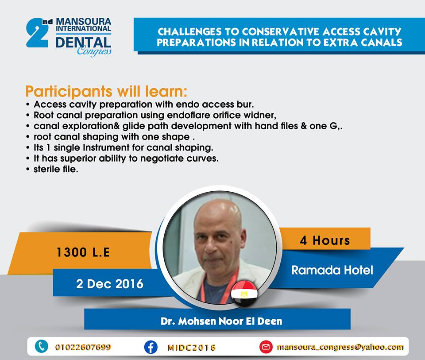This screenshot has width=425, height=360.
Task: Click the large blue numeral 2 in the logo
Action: [x=37, y=34]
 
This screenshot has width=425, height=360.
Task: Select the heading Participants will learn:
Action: [x=106, y=91]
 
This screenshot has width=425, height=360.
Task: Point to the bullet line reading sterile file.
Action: [x=56, y=169]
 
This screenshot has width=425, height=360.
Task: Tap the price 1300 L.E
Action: [x=83, y=252]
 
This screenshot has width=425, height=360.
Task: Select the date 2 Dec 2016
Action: [x=109, y=284]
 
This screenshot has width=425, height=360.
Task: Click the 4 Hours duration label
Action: [x=325, y=240]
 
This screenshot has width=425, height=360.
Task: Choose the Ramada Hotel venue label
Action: [x=332, y=270]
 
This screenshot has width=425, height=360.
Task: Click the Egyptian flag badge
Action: [x=244, y=294]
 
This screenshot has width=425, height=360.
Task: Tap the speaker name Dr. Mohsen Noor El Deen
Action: [x=221, y=321]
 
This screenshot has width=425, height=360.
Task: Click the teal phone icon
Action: [x=42, y=346]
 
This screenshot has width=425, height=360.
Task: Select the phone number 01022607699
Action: [x=83, y=347]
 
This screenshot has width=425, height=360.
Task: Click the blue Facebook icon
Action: [x=151, y=347]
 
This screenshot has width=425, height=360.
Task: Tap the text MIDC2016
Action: [x=191, y=348]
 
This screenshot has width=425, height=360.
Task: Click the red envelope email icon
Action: [x=266, y=347]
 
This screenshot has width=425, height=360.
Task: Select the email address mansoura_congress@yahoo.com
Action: [x=340, y=347]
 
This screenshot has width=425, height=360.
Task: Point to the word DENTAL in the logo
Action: [x=83, y=43]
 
